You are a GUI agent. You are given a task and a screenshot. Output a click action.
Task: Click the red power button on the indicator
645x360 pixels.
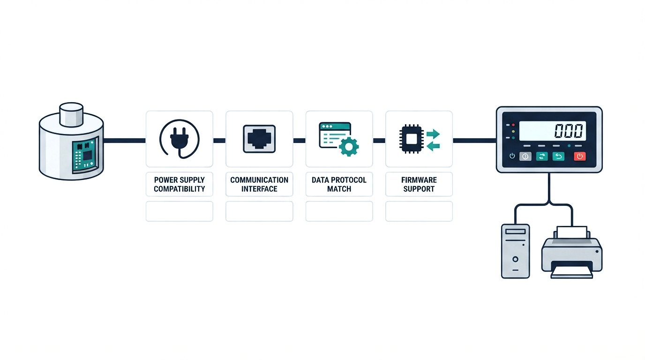(x=580, y=157)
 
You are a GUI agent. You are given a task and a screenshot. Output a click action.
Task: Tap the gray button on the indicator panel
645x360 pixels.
(x=525, y=157)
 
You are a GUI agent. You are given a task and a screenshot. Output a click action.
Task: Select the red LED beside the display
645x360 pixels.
(x=513, y=125)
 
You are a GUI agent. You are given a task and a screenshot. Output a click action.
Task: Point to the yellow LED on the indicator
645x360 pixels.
(x=513, y=131)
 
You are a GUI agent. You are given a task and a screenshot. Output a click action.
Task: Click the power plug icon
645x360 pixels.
(x=180, y=139)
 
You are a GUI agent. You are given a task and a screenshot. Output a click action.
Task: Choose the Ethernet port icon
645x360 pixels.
(x=259, y=139)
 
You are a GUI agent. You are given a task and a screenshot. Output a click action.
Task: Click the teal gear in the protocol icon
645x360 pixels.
(x=349, y=147)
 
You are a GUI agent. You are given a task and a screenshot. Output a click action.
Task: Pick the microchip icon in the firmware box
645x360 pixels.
(x=411, y=139)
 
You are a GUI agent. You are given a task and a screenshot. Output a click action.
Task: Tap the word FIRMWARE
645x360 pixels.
(x=419, y=180)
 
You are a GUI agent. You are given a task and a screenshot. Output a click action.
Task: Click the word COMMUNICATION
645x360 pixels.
(x=259, y=180)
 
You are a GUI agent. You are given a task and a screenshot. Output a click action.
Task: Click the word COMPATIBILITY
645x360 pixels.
(x=180, y=189)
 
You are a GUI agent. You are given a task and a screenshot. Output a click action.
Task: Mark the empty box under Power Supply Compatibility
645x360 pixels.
(x=180, y=211)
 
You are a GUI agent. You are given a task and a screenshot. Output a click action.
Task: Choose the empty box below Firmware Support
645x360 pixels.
(x=419, y=211)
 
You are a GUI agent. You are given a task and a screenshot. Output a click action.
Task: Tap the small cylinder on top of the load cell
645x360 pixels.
(x=71, y=114)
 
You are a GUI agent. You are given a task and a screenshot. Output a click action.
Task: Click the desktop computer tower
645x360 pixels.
(x=516, y=251)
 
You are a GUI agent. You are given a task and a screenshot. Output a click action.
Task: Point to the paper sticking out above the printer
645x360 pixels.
(x=572, y=232)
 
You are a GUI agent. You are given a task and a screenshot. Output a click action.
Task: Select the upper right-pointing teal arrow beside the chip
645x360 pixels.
(x=433, y=134)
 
